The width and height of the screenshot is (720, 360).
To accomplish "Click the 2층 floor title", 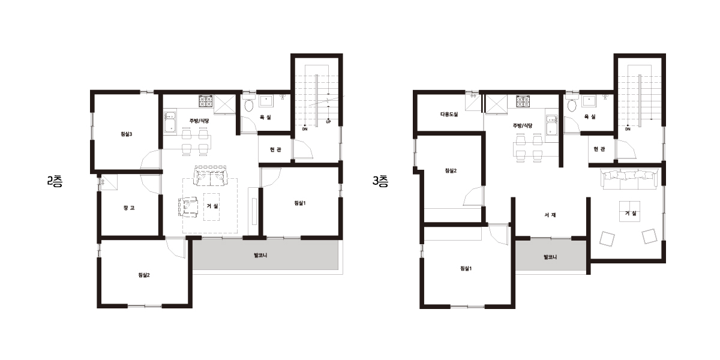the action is [55, 182].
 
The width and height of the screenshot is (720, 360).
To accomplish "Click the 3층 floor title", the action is [380, 182].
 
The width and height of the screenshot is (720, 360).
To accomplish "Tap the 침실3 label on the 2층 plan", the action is [127, 134].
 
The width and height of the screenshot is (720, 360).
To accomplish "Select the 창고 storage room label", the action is [129, 208].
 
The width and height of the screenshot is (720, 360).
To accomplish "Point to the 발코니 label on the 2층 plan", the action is [260, 256].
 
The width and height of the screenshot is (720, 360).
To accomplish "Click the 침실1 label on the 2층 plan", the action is [300, 203].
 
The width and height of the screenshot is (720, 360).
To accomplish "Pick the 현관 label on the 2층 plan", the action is [275, 149].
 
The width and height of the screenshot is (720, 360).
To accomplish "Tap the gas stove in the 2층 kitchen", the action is [206, 101].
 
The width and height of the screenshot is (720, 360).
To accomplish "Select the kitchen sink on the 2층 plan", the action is [170, 122].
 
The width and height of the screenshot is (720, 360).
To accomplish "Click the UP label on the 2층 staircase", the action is [328, 122].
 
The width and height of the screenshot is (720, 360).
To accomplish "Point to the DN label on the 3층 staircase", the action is [628, 129].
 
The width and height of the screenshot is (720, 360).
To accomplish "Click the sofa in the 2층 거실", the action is [211, 176].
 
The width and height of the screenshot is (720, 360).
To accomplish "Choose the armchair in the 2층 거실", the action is [188, 208].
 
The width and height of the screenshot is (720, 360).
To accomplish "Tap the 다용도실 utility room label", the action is [449, 114].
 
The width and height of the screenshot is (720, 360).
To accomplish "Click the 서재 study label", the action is [550, 215].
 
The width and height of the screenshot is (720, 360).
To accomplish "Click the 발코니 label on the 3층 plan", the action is [550, 257].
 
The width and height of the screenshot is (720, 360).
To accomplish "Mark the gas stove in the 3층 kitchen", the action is [523, 101].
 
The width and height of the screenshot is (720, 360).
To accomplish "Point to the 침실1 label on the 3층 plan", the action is [466, 268].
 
